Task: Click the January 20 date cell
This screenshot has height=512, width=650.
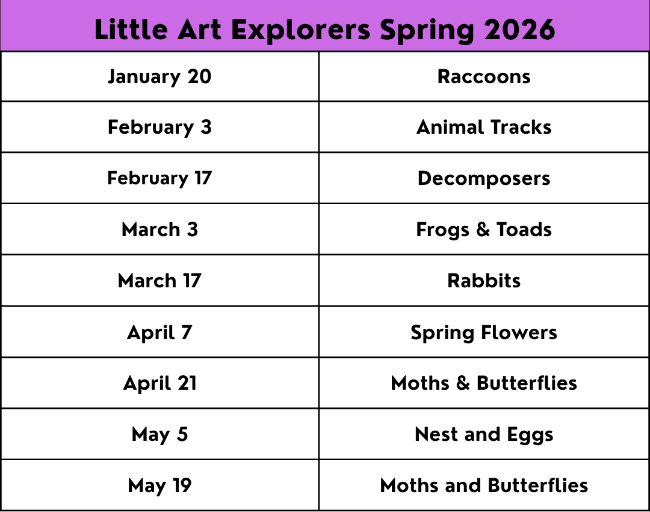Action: [159, 76]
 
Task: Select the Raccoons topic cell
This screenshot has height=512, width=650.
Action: [484, 76]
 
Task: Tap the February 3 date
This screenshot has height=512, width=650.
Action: [159, 127]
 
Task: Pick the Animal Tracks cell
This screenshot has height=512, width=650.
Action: [484, 127]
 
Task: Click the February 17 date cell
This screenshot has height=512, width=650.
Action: [159, 178]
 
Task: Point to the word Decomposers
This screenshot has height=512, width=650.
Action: [484, 179]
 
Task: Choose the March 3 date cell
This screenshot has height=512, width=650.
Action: [159, 229]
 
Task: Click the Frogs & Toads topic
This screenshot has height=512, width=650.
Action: [484, 230]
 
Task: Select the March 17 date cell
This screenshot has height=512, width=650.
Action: [159, 281]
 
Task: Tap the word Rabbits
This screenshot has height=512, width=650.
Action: [484, 281]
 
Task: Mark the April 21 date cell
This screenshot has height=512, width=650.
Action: [159, 383]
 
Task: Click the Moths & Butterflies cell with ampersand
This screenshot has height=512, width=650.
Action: [484, 383]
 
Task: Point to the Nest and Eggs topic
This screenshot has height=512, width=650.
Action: [484, 435]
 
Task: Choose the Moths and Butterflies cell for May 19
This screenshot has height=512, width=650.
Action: [484, 485]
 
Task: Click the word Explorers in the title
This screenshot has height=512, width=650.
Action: [300, 30]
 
